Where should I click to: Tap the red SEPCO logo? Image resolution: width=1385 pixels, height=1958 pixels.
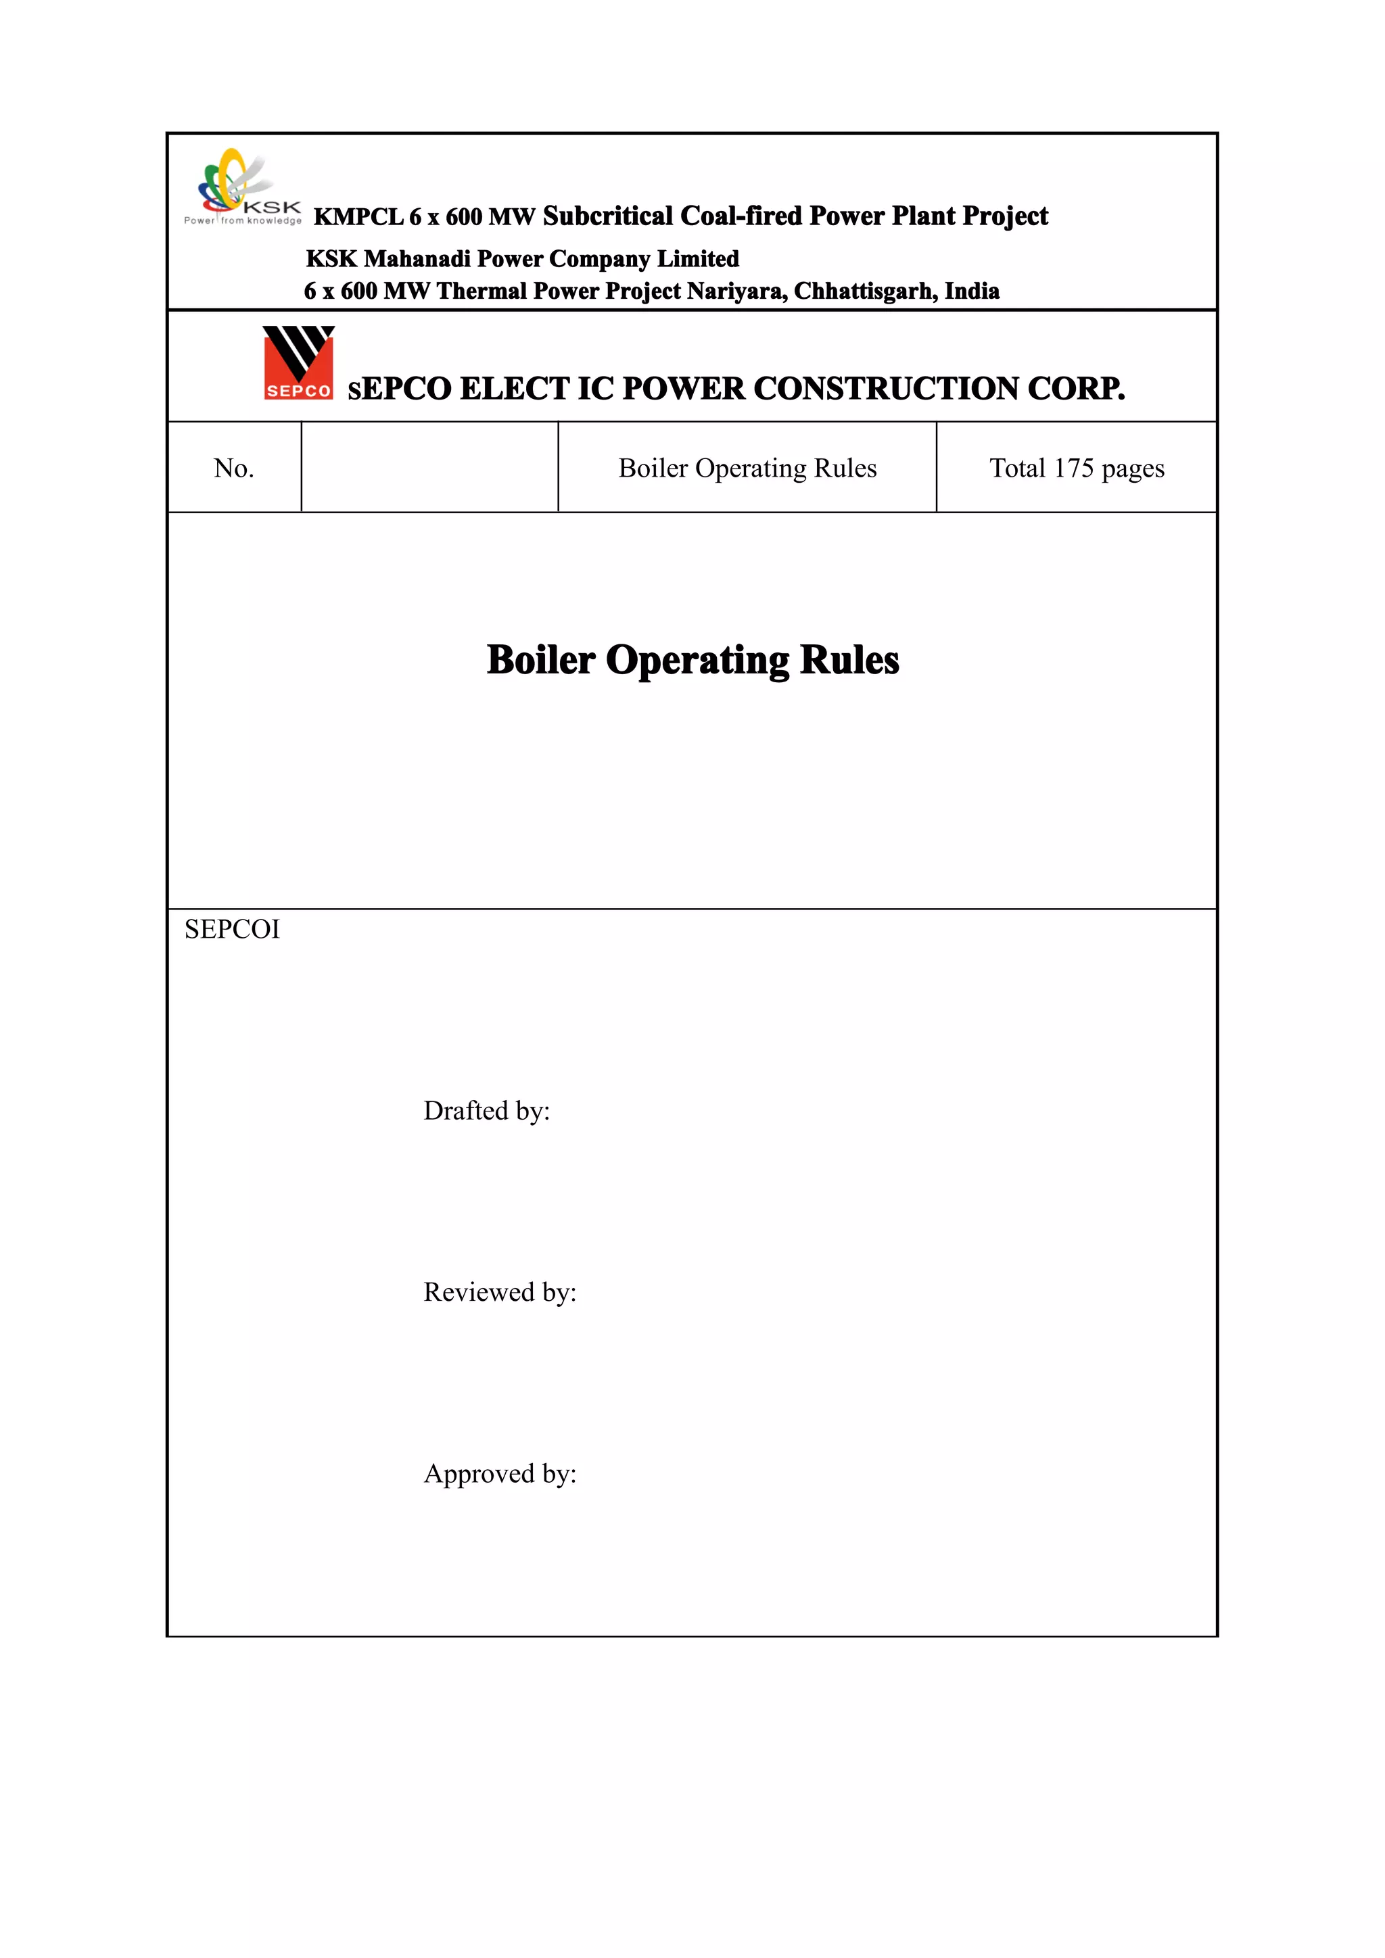click(298, 363)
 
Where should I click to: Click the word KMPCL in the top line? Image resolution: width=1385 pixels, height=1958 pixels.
click(358, 216)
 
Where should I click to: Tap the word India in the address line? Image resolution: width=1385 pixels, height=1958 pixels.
click(972, 291)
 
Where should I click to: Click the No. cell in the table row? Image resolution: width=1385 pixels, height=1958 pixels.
click(234, 468)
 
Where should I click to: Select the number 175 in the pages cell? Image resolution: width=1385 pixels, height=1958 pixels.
click(1073, 468)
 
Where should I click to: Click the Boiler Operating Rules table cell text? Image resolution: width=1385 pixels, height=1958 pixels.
click(747, 468)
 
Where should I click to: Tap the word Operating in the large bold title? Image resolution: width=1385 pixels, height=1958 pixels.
click(697, 660)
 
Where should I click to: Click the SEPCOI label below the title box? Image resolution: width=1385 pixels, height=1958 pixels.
click(232, 930)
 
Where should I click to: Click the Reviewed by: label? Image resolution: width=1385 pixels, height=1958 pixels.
click(500, 1292)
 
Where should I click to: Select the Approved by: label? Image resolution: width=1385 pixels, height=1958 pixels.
click(500, 1474)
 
